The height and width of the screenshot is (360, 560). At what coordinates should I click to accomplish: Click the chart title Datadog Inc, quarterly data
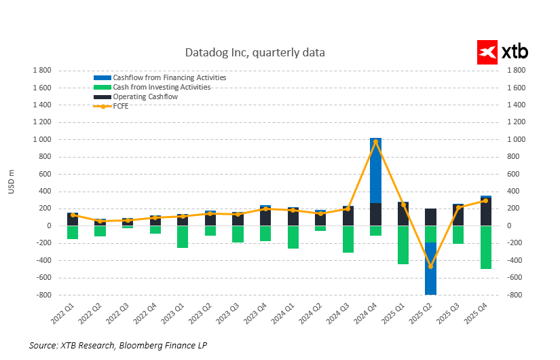pyautogui.click(x=255, y=52)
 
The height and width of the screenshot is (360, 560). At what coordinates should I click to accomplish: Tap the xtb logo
pyautogui.click(x=503, y=52)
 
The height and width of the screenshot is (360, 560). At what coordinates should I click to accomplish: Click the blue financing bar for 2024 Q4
pyautogui.click(x=375, y=170)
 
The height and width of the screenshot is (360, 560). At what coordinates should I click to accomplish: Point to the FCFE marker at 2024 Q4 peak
pyautogui.click(x=375, y=141)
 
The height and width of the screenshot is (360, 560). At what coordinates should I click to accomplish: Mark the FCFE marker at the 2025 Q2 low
pyautogui.click(x=430, y=266)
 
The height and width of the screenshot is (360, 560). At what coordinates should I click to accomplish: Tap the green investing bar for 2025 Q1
pyautogui.click(x=403, y=245)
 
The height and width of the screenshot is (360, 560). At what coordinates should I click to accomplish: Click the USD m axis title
pyautogui.click(x=12, y=182)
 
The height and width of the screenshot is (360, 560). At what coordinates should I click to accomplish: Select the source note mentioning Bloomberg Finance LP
pyautogui.click(x=117, y=346)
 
